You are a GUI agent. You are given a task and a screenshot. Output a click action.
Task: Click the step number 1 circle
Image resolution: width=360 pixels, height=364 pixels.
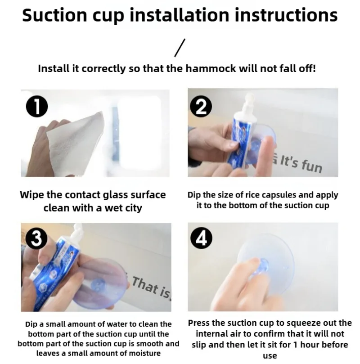pyautogui.click(x=37, y=106)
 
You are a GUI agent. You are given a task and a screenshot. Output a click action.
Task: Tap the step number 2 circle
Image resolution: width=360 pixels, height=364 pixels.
pyautogui.click(x=201, y=106)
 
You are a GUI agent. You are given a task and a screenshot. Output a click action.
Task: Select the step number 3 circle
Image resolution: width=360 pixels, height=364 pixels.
pyautogui.click(x=36, y=238)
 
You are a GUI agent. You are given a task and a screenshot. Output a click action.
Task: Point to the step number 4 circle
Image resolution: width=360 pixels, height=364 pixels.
pyautogui.click(x=201, y=238)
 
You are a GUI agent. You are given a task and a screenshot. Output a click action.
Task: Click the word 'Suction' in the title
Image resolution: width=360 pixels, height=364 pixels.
pyautogui.click(x=55, y=15)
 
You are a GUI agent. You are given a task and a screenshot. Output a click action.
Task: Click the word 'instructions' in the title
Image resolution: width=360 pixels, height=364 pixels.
pyautogui.click(x=286, y=15)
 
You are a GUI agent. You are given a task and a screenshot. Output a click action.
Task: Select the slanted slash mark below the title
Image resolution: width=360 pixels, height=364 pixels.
pyautogui.click(x=180, y=48)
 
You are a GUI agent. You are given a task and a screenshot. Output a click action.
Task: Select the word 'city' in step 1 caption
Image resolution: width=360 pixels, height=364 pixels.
pyautogui.click(x=133, y=208)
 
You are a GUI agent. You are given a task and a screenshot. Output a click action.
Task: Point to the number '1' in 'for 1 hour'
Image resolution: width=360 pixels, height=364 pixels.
pyautogui.click(x=295, y=345)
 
